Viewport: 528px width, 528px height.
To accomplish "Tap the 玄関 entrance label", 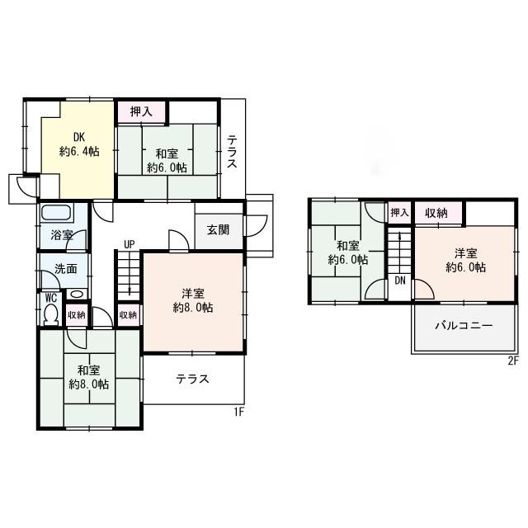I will [x=219, y=229].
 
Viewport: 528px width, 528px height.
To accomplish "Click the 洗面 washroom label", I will [x=66, y=268].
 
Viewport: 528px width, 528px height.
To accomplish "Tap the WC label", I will [x=49, y=297].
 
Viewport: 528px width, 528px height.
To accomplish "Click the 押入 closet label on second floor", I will [x=399, y=213].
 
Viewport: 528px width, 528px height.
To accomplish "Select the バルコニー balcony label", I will [x=464, y=325].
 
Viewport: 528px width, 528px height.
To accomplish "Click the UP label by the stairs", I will [x=130, y=243].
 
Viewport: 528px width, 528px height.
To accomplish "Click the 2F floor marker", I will [x=512, y=361].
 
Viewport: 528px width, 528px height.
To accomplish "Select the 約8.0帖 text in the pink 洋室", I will [x=193, y=308].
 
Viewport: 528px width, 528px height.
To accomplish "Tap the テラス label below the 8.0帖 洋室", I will [x=191, y=379].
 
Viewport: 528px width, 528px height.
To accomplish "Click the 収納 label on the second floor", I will [x=436, y=213].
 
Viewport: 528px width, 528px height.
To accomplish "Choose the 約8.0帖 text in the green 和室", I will [x=90, y=384].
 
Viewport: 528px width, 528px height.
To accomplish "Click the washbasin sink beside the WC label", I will [x=76, y=295].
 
